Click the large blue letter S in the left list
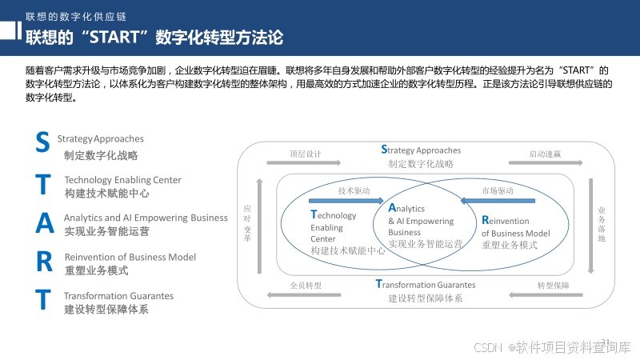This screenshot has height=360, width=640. tap(43, 142)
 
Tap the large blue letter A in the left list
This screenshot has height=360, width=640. tap(45, 223)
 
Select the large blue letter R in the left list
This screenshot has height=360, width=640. tap(45, 262)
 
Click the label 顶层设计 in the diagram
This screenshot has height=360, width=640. tap(305, 153)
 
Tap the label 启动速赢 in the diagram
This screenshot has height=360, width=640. tap(545, 153)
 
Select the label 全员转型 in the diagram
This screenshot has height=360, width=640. tap(305, 285)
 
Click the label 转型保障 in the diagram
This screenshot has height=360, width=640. tap(553, 285)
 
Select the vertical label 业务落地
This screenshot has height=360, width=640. tap(602, 224)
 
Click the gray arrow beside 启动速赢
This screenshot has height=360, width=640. tap(546, 162)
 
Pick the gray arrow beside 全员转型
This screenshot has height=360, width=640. tap(305, 295)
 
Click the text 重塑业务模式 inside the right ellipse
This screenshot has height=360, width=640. tap(510, 245)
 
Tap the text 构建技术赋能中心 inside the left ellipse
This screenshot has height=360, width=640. tap(348, 250)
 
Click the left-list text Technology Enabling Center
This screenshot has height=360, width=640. tap(122, 180)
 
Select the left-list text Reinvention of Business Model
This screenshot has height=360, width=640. tap(130, 257)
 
